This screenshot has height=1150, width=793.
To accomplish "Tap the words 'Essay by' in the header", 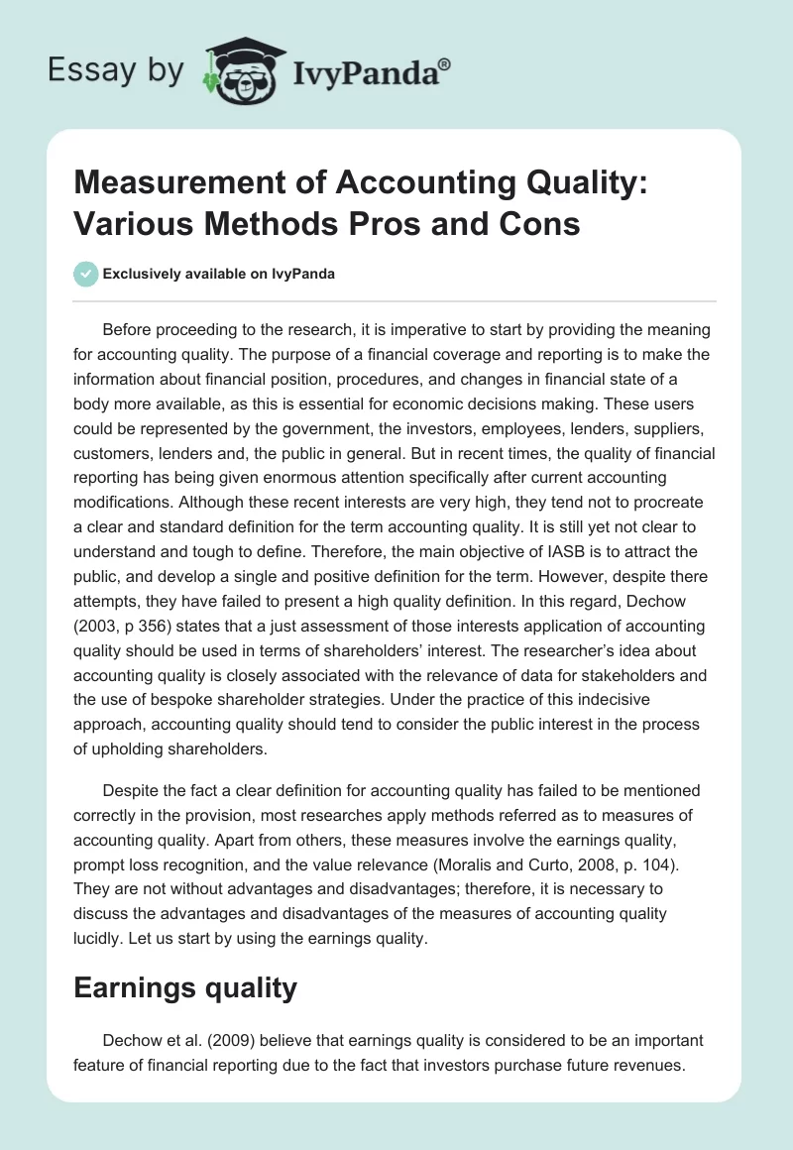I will (117, 70).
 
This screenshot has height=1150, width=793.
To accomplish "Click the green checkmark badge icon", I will (86, 274).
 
